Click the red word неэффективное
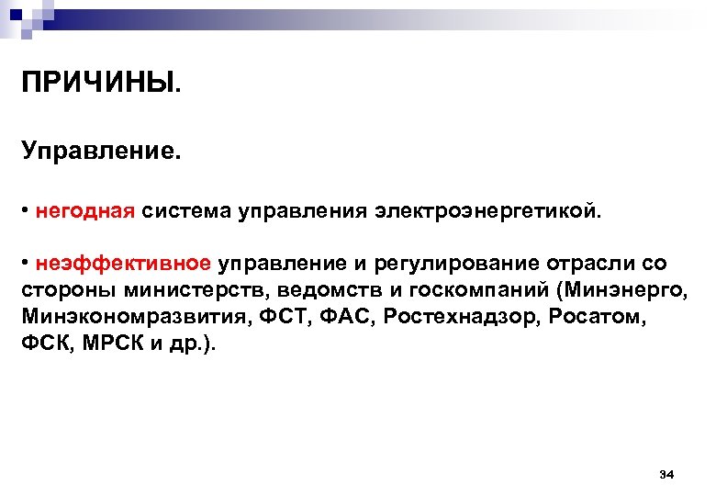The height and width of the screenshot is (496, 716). tap(124, 264)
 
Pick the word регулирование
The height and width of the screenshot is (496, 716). tap(458, 264)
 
